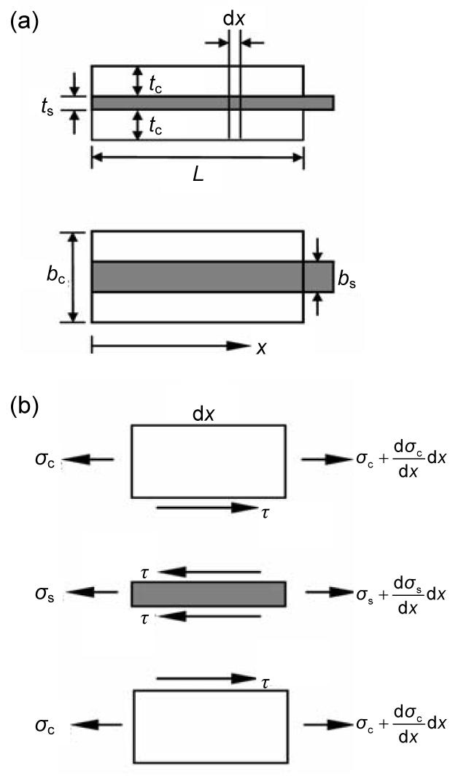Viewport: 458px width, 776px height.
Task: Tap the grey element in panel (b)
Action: point(208,594)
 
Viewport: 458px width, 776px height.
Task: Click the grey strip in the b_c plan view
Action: point(197,277)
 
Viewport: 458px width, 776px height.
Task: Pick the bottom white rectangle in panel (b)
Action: point(210,726)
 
